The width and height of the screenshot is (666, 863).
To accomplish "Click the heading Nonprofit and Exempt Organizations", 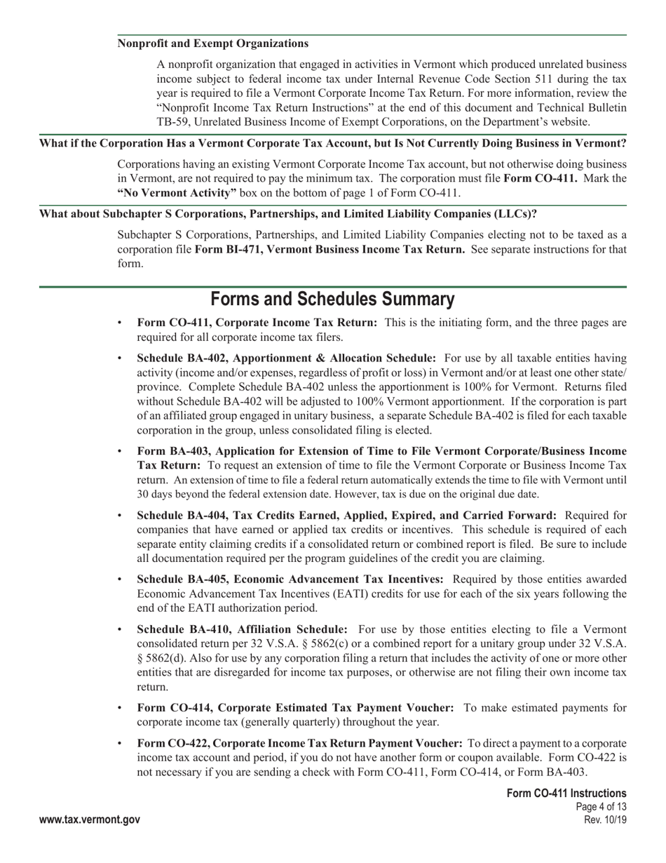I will tap(212, 44).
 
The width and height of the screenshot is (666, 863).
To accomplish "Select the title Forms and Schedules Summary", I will tap(332, 300).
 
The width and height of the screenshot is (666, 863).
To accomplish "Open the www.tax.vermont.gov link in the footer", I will tap(90, 819).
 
